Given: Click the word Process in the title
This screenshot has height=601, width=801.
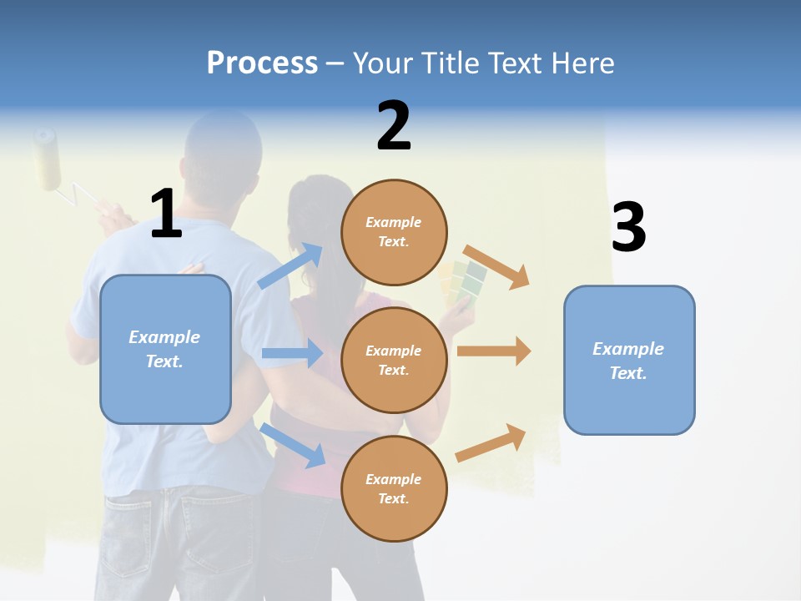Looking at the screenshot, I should tap(262, 63).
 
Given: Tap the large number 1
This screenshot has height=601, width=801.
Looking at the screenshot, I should tap(165, 214).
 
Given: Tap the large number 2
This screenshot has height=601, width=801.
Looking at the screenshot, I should tap(394, 126).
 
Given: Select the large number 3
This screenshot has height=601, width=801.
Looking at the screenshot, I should tap(628, 227).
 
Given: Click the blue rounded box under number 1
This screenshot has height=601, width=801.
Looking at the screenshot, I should tap(165, 349).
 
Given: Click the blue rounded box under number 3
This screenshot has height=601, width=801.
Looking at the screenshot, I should tap(629, 360).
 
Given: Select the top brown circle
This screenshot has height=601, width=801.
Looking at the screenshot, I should tap(394, 232).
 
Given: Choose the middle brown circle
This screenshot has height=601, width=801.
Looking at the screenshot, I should tap(394, 360).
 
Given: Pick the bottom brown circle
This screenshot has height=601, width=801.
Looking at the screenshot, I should tap(394, 488).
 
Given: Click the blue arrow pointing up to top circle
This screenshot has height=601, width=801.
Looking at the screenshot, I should tap(290, 266).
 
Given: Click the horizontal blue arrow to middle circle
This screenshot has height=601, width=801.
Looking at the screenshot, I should tap(292, 353).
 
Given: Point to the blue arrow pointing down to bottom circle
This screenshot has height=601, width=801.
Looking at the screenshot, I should tap(292, 444).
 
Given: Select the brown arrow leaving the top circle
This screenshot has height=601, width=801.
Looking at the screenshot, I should tap(496, 266).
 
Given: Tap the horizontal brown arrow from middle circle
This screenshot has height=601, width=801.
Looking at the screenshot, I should tap(493, 351).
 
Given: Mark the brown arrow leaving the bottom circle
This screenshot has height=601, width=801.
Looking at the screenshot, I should tap(491, 443).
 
